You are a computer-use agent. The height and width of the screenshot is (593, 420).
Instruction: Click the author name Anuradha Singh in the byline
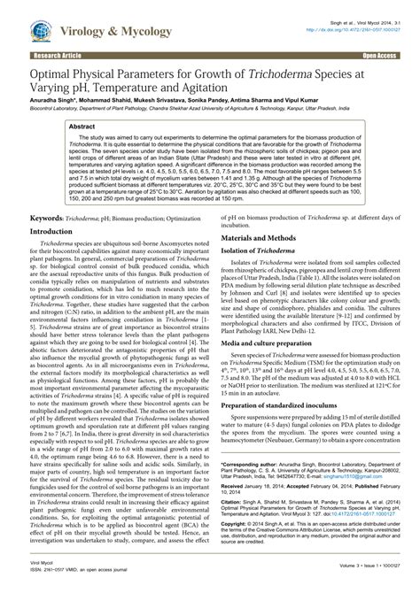(51, 101)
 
